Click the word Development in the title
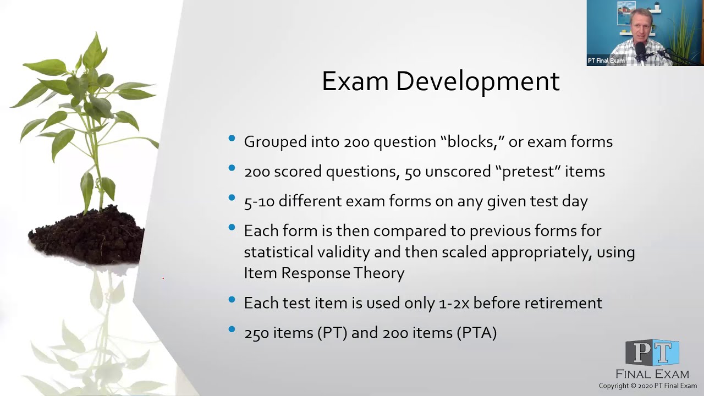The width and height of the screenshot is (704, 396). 477,81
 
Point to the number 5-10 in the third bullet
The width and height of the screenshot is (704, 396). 259,201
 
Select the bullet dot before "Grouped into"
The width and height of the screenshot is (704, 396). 232,139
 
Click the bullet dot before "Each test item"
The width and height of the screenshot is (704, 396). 232,300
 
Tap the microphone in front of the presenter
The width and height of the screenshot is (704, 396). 641,52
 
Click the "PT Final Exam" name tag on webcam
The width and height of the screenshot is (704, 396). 606,61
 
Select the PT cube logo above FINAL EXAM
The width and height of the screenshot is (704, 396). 652,353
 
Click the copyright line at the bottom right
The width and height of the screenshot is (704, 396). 647,386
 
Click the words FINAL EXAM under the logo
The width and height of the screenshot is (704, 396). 652,374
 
